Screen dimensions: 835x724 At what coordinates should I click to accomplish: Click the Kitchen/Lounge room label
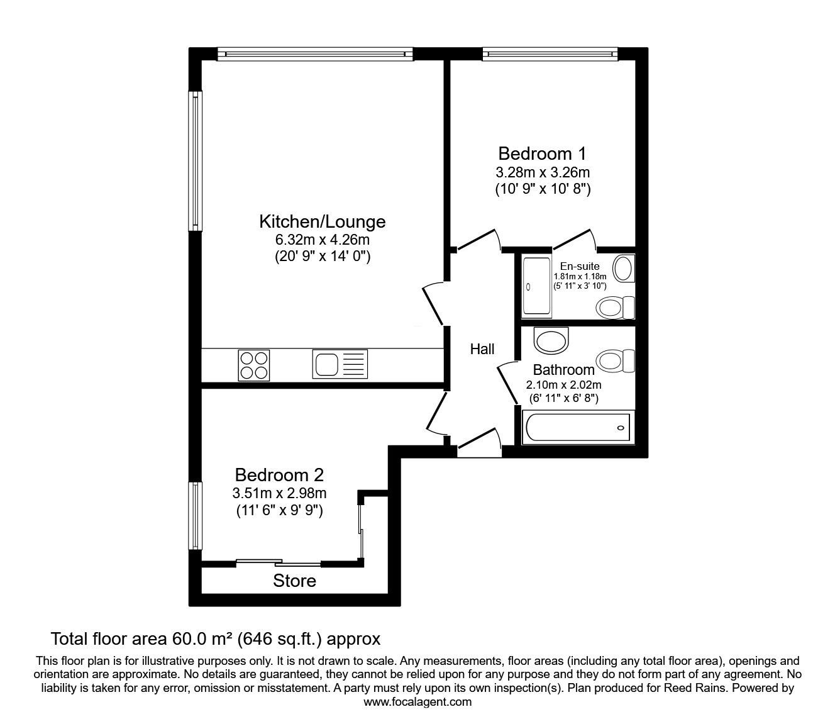[323, 222]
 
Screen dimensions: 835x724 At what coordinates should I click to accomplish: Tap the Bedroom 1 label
[542, 153]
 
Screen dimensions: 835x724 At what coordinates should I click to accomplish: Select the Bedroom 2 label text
[279, 475]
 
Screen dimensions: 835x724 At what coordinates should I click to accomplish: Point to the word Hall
[482, 349]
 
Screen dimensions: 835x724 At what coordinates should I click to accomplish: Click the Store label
[294, 581]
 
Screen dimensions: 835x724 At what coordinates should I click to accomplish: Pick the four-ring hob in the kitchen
[253, 365]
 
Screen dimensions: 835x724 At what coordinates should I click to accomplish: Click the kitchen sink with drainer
[340, 364]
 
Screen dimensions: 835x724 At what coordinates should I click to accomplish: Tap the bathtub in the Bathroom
[578, 427]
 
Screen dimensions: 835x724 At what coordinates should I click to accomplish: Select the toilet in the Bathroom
[615, 360]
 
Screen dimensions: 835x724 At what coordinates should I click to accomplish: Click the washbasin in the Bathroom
[551, 340]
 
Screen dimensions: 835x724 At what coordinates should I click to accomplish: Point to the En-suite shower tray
[537, 287]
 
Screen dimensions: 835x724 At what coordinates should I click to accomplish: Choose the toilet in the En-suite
[615, 308]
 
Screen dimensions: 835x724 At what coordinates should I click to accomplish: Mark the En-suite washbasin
[624, 268]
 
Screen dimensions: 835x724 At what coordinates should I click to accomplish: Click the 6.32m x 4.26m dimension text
[323, 240]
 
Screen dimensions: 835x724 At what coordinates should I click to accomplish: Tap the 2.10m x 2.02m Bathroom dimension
[563, 384]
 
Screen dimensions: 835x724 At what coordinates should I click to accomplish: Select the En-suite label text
[579, 266]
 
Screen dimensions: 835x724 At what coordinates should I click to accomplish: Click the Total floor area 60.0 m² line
[215, 639]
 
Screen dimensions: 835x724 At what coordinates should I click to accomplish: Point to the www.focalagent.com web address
[418, 702]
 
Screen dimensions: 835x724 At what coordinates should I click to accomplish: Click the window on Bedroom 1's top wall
[550, 54]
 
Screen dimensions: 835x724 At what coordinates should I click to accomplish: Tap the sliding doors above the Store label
[279, 562]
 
